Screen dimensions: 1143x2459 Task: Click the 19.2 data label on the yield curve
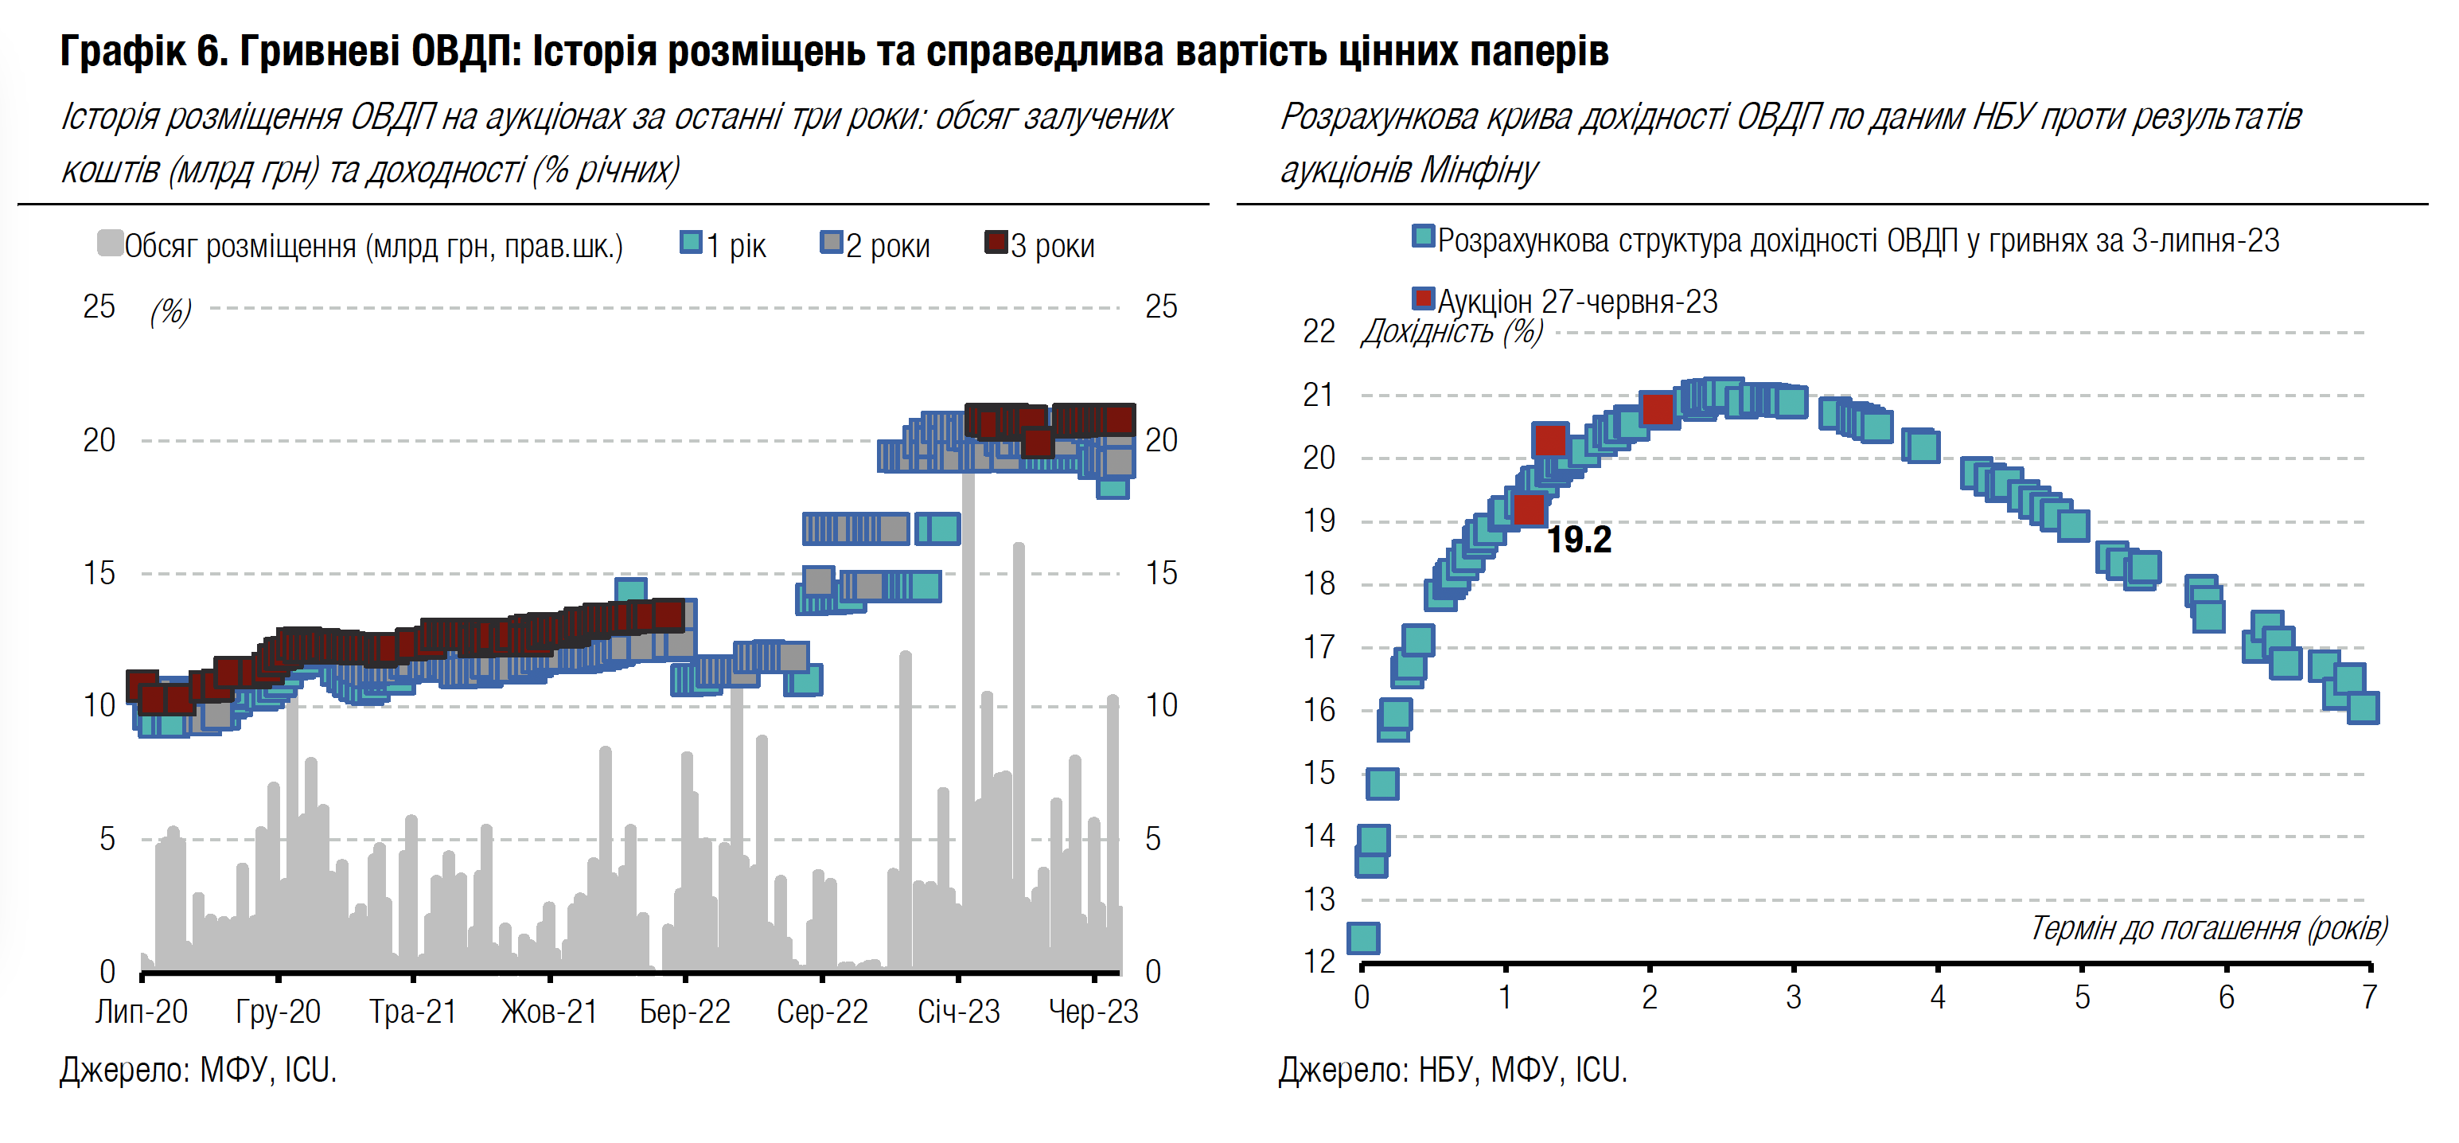click(x=1579, y=540)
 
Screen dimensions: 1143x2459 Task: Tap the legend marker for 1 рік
click(x=690, y=243)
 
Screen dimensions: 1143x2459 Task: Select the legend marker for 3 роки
click(x=996, y=243)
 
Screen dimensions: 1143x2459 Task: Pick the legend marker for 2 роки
click(x=832, y=243)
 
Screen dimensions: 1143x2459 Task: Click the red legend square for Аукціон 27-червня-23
click(x=1424, y=298)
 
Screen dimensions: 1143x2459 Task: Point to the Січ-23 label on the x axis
click(x=958, y=1011)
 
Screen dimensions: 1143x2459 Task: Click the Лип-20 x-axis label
click(x=142, y=1011)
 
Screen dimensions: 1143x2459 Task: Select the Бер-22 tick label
click(x=684, y=1011)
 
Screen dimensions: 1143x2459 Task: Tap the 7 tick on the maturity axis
click(x=2369, y=997)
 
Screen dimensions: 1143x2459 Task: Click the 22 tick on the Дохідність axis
click(x=1319, y=331)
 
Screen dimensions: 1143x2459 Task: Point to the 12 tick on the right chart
click(x=1319, y=962)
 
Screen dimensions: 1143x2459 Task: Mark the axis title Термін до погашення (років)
click(x=2208, y=928)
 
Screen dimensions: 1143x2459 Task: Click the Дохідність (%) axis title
click(x=1452, y=331)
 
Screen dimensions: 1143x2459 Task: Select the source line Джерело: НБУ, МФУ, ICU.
click(x=1452, y=1071)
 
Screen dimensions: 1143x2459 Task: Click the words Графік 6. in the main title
click(x=144, y=51)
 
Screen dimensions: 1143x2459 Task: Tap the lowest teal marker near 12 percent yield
click(x=1362, y=938)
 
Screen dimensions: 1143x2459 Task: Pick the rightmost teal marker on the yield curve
click(x=2363, y=708)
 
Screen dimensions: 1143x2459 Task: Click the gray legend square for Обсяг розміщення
click(x=110, y=244)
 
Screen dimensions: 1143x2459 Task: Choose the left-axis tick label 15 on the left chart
click(x=99, y=573)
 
